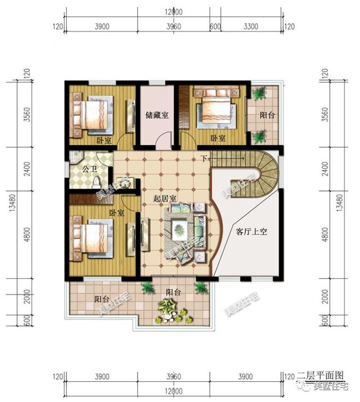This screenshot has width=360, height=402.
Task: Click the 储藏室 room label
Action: click(x=158, y=115)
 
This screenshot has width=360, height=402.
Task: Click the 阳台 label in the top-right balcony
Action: click(x=267, y=116)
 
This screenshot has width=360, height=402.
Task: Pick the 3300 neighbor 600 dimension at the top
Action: click(x=214, y=26)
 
